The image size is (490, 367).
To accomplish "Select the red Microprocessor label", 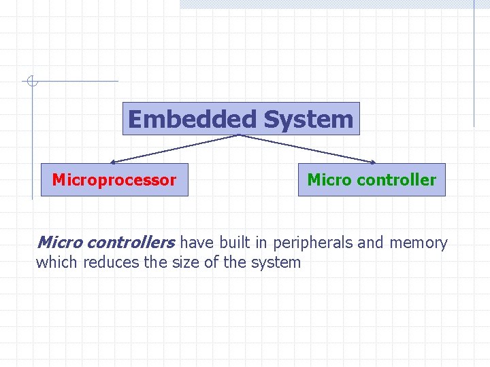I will (x=114, y=180).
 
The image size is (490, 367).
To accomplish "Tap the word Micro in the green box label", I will (x=329, y=180).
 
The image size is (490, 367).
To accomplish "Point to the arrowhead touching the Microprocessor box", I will (x=114, y=162).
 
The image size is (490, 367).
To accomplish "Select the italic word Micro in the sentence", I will (x=61, y=243).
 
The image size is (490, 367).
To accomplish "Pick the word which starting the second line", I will (x=57, y=262).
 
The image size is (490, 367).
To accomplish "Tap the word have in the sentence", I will (x=197, y=243).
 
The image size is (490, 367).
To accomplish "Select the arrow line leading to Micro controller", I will (x=306, y=149).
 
